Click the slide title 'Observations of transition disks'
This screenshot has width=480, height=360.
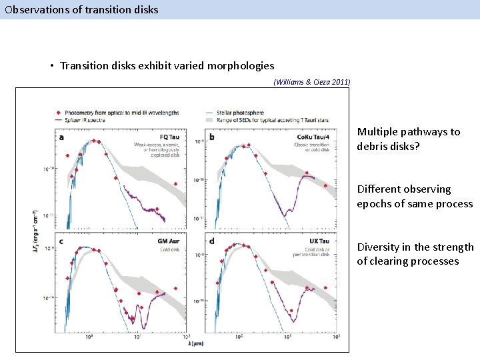81,9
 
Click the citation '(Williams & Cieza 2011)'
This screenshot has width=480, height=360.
312,82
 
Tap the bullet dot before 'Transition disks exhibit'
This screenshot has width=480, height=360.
51,66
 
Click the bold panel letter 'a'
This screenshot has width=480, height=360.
62,138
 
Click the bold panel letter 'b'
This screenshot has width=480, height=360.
212,138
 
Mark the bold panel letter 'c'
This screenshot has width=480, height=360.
62,242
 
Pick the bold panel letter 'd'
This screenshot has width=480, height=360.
212,242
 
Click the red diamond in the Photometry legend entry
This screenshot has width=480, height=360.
59,112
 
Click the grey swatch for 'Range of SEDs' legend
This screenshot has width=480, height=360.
211,120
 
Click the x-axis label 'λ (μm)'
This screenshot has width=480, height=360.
195,343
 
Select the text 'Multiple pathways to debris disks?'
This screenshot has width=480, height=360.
408,139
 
